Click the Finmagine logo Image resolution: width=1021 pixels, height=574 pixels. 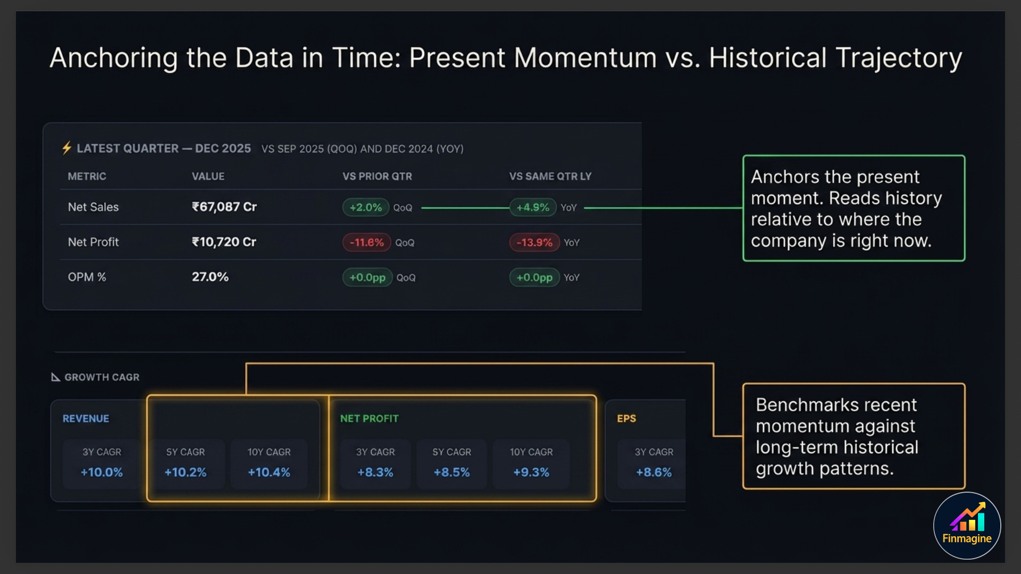tap(967, 526)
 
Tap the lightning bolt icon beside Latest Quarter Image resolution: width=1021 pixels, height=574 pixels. tap(66, 148)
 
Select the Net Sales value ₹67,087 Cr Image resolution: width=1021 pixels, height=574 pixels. tap(224, 207)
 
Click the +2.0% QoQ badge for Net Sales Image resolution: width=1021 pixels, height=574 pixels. tap(366, 207)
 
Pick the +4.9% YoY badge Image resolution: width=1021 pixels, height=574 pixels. tap(533, 207)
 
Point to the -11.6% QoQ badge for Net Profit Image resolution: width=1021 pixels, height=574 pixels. tap(366, 242)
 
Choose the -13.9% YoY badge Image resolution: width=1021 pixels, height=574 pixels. tap(534, 242)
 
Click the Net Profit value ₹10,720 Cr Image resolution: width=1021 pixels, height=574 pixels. tap(224, 242)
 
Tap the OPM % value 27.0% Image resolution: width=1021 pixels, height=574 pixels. tap(210, 277)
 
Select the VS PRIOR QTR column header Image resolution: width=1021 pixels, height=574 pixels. tap(377, 176)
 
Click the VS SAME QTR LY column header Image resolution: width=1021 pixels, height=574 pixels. tap(550, 176)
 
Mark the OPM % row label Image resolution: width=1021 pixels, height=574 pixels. tap(87, 277)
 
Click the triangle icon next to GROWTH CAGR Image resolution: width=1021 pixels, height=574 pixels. tap(55, 377)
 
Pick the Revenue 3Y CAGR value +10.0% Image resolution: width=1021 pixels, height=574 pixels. tap(102, 472)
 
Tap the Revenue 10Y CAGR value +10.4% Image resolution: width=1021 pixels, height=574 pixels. tap(269, 472)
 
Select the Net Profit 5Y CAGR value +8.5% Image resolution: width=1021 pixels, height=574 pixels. tap(451, 472)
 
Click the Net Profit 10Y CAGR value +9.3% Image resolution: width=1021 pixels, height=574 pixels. tap(531, 472)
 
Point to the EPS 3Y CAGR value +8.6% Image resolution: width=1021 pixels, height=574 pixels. tap(654, 472)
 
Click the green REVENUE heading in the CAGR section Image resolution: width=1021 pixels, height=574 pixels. tap(86, 418)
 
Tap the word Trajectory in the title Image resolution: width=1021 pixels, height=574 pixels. tap(898, 58)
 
